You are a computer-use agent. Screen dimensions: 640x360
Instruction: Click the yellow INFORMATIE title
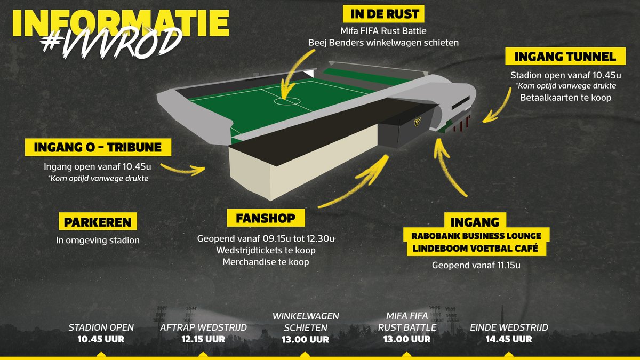(121, 23)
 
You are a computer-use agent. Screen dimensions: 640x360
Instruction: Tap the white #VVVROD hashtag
(111, 43)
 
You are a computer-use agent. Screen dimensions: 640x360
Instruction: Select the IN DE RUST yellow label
(383, 14)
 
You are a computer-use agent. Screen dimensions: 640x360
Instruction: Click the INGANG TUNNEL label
(565, 57)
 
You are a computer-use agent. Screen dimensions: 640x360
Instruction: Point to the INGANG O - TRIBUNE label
(98, 147)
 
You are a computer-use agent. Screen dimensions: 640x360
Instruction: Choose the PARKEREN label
(98, 221)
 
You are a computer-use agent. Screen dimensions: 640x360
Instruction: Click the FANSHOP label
(266, 218)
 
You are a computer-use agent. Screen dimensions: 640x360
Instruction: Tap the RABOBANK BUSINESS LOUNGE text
(476, 236)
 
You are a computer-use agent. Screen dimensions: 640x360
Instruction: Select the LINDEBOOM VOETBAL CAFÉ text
(475, 248)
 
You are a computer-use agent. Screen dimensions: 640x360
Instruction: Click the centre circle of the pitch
(287, 101)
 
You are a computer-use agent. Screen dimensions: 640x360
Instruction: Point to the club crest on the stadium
(418, 122)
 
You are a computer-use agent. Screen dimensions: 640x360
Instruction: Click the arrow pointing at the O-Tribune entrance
(183, 170)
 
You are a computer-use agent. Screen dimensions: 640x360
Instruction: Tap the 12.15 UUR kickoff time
(203, 339)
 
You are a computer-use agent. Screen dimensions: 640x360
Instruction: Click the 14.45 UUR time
(509, 339)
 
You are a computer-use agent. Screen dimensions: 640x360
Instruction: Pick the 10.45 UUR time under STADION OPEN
(101, 339)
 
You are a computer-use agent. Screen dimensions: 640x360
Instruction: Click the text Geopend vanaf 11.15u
(476, 265)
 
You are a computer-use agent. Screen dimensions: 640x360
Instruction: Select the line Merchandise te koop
(266, 262)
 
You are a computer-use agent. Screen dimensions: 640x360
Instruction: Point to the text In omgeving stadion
(98, 241)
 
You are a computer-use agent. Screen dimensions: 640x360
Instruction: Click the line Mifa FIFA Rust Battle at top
(383, 30)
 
